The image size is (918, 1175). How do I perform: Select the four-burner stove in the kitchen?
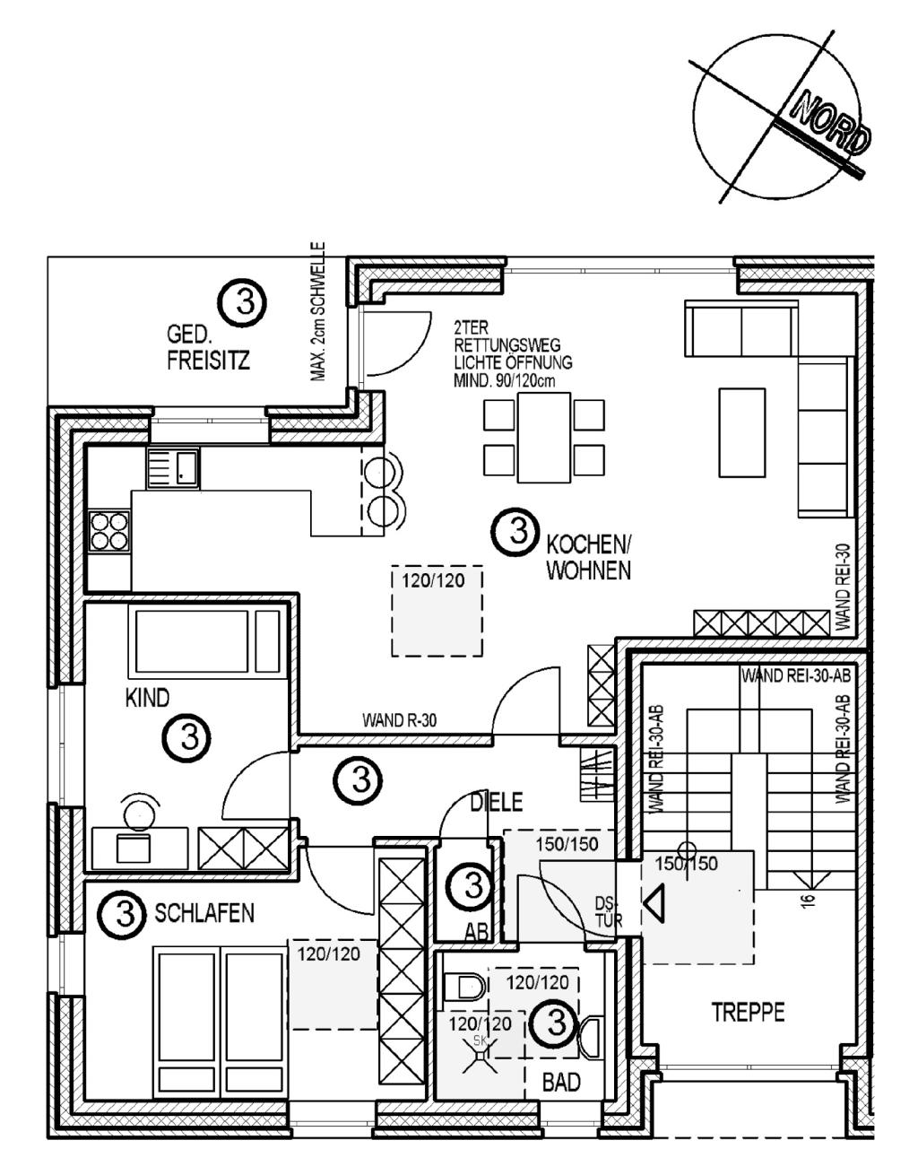tap(108, 531)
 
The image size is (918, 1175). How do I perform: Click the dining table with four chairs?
tap(544, 437)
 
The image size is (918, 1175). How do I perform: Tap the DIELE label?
tap(496, 803)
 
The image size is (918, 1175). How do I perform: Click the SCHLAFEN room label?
tap(205, 914)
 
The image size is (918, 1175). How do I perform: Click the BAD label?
tap(561, 1083)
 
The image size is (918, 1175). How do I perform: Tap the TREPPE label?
tap(748, 1014)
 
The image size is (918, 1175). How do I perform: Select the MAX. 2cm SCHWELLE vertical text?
tap(319, 312)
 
